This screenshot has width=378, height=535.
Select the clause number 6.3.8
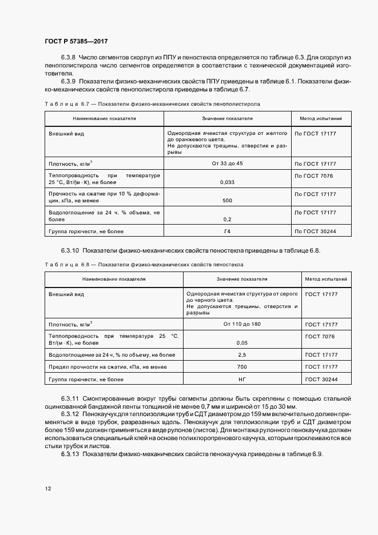point(68,58)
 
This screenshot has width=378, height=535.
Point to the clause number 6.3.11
point(70,398)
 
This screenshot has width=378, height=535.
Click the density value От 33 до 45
point(227,163)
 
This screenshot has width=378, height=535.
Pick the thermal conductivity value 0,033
point(227,182)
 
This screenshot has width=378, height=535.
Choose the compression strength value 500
point(227,201)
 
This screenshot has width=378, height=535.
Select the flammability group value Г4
point(227,231)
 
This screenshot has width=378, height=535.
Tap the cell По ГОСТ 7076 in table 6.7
point(313,175)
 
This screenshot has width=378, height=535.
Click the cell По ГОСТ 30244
point(315,231)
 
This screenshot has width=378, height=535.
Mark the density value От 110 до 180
point(242,324)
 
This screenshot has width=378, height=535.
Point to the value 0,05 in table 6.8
point(242,343)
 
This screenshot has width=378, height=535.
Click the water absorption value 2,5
point(242,354)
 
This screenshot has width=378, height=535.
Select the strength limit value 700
point(242,367)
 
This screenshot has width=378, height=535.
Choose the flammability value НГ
point(242,380)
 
